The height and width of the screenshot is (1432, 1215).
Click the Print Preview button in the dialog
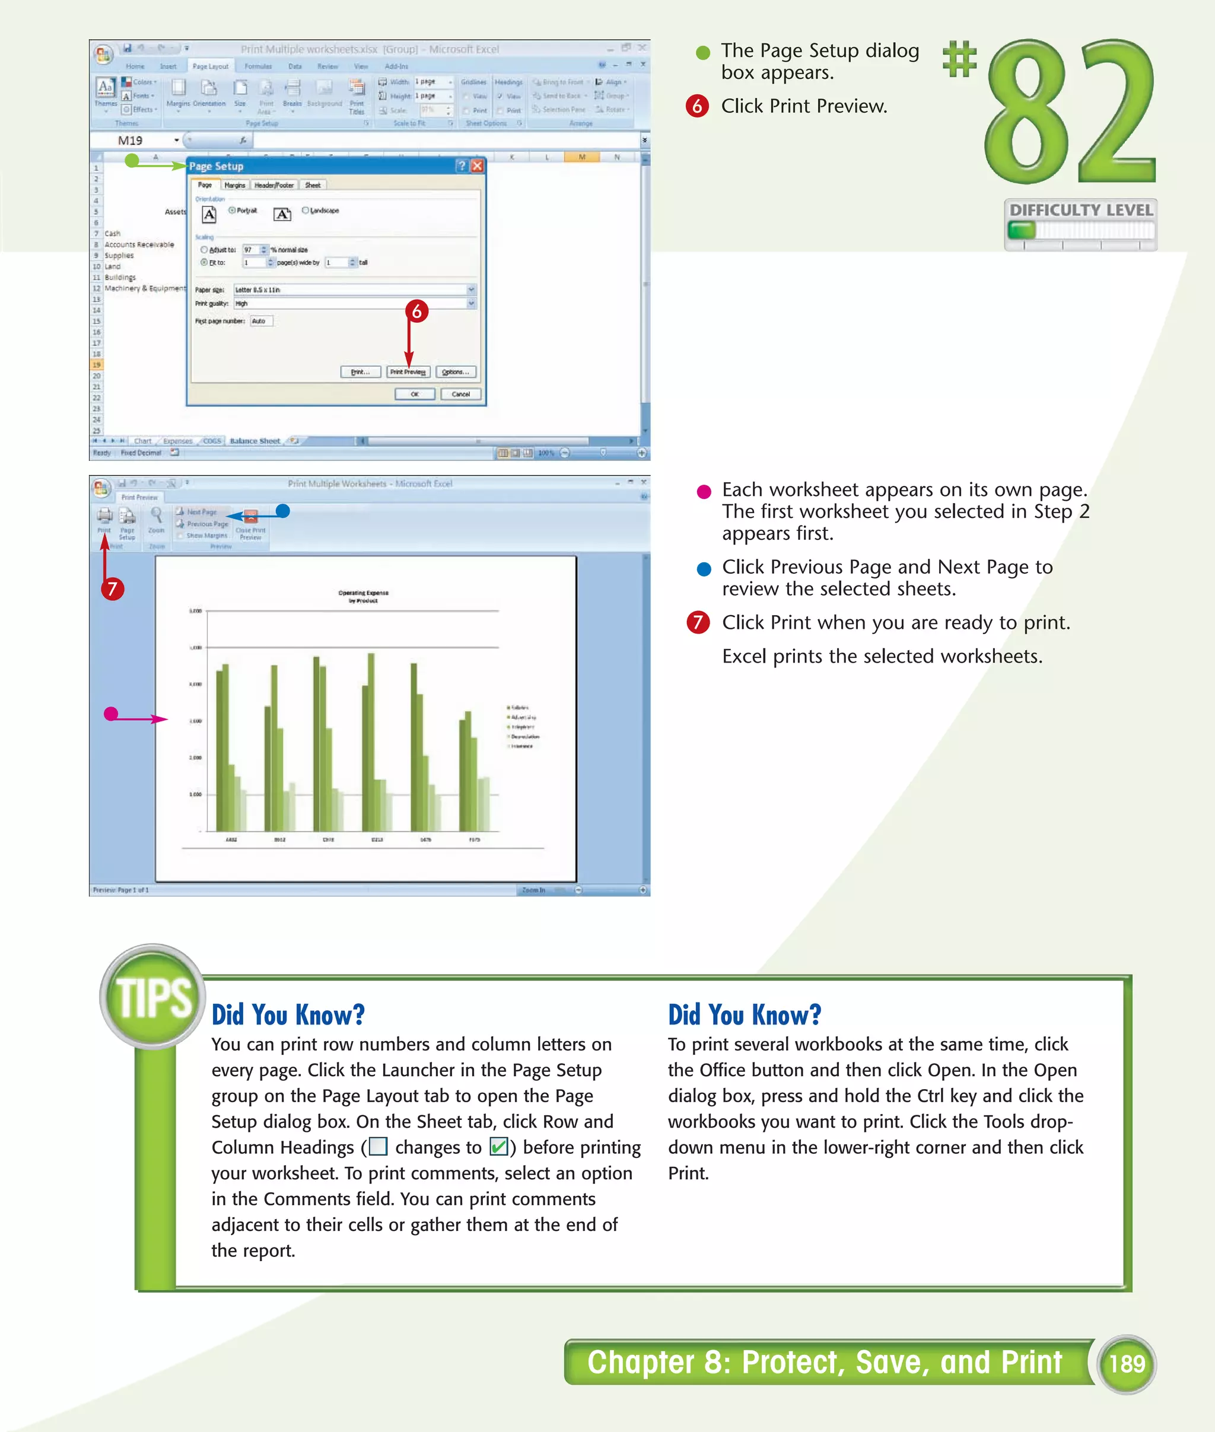click(x=408, y=372)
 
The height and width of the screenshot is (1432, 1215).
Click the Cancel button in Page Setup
click(x=460, y=394)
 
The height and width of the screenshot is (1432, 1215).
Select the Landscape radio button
click(x=306, y=211)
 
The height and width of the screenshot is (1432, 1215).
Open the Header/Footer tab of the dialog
click(x=273, y=185)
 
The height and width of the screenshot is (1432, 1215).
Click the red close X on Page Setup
click(x=476, y=166)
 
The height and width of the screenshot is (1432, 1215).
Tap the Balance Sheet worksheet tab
click(x=254, y=441)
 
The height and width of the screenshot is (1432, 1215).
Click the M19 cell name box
click(x=131, y=141)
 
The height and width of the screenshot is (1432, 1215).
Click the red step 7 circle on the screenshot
click(x=112, y=589)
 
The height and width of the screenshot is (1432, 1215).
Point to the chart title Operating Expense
click(x=363, y=593)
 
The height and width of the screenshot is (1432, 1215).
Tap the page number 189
click(x=1126, y=1364)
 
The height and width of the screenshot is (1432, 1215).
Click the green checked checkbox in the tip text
click(x=498, y=1147)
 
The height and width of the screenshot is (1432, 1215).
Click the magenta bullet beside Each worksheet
click(x=703, y=491)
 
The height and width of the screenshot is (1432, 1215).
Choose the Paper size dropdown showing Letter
click(x=354, y=290)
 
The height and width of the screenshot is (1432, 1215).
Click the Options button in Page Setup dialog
click(x=455, y=372)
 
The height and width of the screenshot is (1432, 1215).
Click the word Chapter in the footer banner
click(x=641, y=1363)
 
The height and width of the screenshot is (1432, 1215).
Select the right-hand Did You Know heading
click(x=745, y=1014)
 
